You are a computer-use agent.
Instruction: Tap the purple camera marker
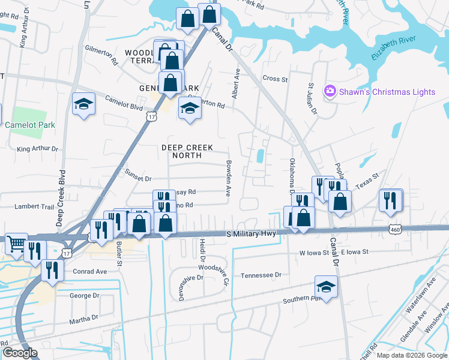[329, 91]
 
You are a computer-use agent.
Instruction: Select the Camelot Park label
[30, 125]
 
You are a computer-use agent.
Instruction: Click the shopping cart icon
[16, 244]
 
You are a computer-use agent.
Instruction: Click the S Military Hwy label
[250, 233]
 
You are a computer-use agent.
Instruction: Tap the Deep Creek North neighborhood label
[187, 151]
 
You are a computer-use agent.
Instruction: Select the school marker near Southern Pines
[326, 287]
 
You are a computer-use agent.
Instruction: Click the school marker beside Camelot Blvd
[83, 104]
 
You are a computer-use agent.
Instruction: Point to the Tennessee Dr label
[261, 275]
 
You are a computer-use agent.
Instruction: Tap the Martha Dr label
[83, 318]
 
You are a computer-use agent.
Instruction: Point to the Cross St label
[276, 79]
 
